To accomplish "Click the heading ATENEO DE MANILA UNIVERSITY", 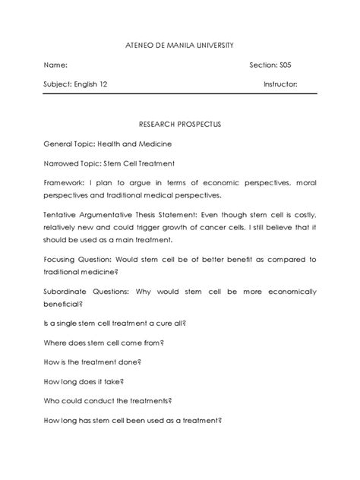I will click(x=179, y=46).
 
